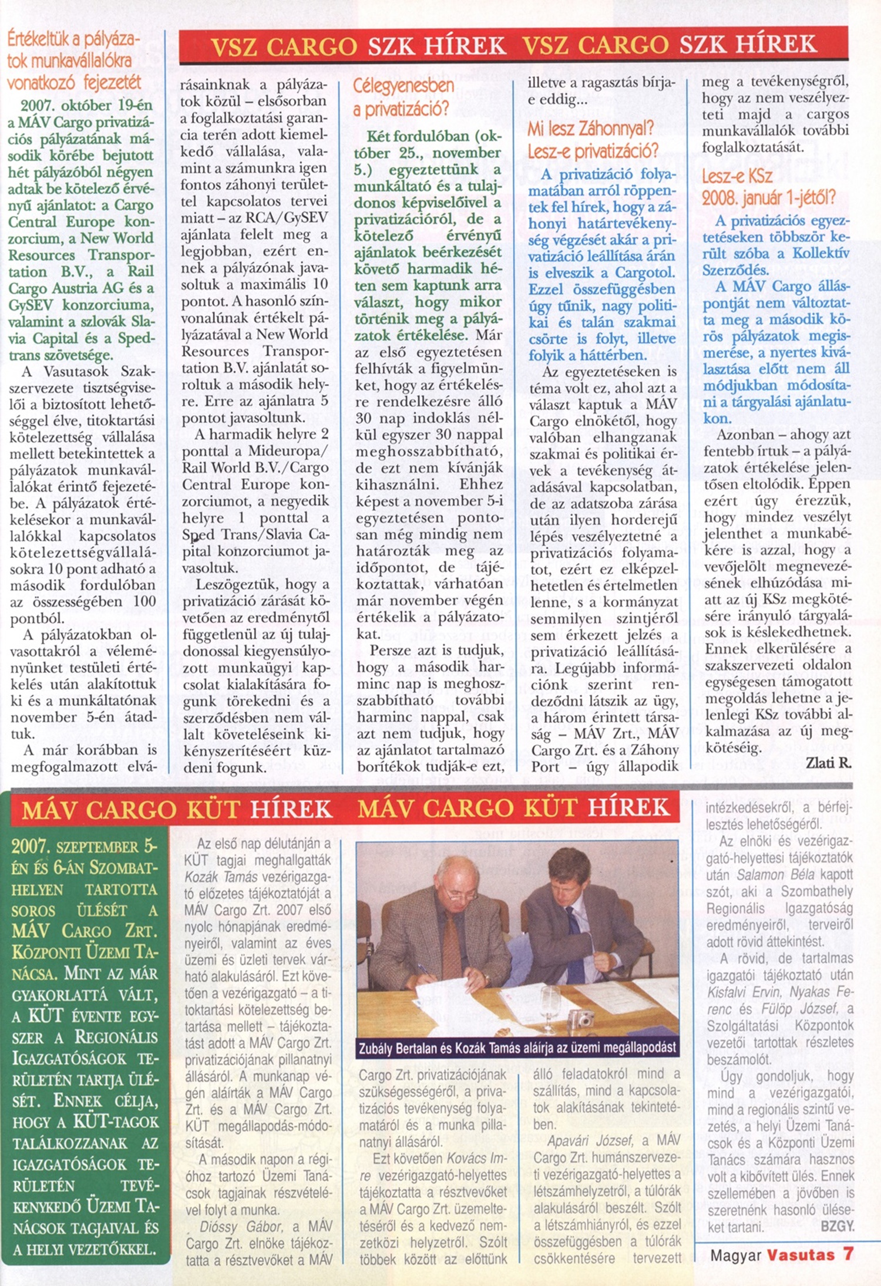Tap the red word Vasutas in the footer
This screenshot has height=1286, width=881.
pyautogui.click(x=801, y=1255)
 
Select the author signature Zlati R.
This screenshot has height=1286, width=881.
pyautogui.click(x=828, y=763)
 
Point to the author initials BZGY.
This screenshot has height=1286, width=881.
pyautogui.click(x=837, y=1227)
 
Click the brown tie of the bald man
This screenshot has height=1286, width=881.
pyautogui.click(x=452, y=945)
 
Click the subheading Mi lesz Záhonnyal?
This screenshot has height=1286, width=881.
pyautogui.click(x=590, y=128)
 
